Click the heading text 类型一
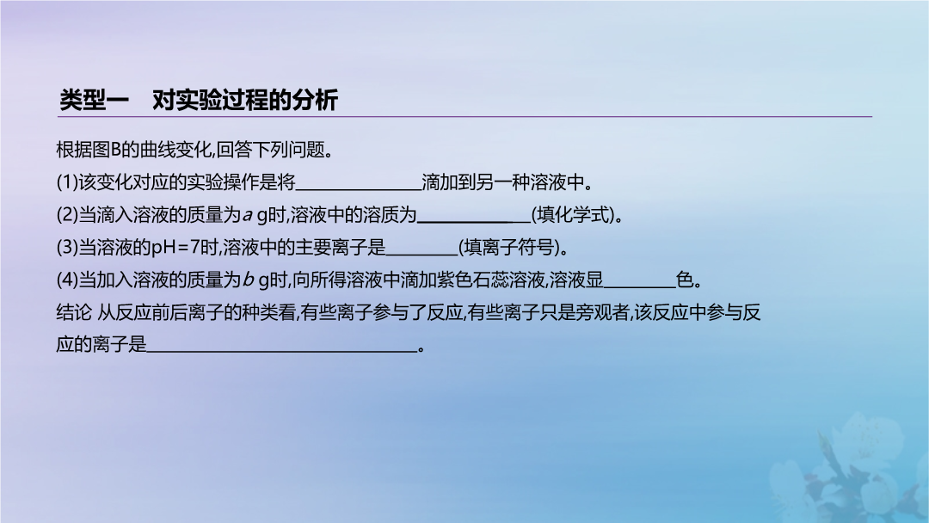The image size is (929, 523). [x=94, y=100]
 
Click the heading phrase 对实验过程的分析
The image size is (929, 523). [x=245, y=100]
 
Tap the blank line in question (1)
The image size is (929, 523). [x=359, y=189]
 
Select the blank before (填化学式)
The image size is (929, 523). [x=474, y=222]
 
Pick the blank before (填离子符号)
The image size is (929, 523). [x=421, y=255]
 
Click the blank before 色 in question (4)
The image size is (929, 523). [x=639, y=287]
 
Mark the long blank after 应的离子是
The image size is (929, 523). [x=282, y=352]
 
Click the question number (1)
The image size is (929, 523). [x=67, y=182]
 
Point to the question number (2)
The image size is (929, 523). [x=67, y=215]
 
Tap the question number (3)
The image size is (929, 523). [x=67, y=248]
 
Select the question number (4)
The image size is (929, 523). [x=67, y=280]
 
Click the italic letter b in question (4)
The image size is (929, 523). [x=248, y=279]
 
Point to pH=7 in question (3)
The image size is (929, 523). [x=175, y=248]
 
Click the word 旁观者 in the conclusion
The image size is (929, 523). [x=602, y=312]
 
